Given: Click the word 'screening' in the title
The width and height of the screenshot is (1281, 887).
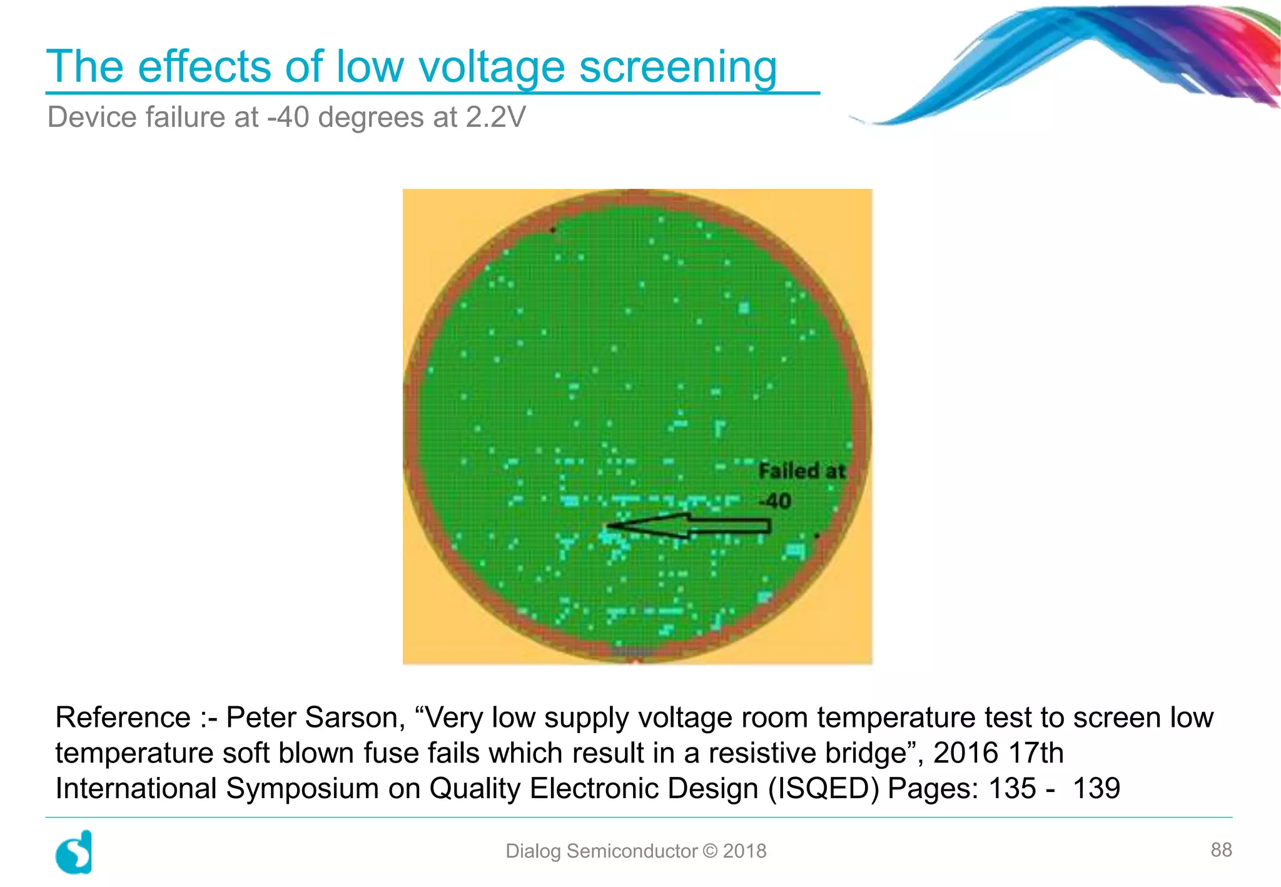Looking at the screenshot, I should [x=678, y=66].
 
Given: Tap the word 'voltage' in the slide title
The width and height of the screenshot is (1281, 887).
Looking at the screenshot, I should [x=492, y=66].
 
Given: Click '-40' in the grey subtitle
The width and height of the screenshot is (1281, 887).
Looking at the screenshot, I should [x=288, y=118].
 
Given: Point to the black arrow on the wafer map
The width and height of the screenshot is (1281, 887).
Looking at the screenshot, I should [x=688, y=527].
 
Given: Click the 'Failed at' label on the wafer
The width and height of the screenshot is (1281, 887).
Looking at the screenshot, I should [x=801, y=470].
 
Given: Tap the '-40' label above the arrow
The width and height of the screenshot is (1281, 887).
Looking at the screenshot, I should [x=775, y=501].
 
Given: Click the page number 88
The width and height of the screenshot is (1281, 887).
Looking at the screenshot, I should [x=1221, y=849].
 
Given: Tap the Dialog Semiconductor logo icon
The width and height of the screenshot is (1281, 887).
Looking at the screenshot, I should [x=74, y=852].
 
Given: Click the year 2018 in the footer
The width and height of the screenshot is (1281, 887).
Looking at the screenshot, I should [x=744, y=851].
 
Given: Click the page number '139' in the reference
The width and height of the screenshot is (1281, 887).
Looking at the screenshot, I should [x=1096, y=788].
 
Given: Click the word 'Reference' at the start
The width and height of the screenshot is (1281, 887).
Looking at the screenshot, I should [x=123, y=717].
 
